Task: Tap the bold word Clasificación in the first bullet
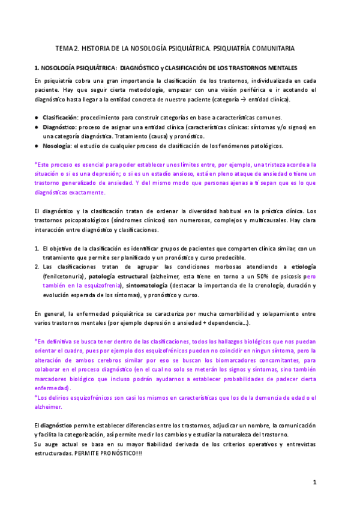pyautogui.click(x=59, y=116)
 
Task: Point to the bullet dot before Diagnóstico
pyautogui.click(x=37, y=127)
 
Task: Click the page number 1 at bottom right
pyautogui.click(x=315, y=482)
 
